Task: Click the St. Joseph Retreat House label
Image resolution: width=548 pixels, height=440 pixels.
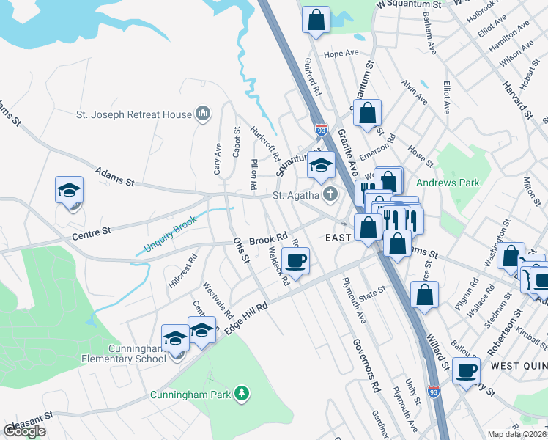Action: point(134,114)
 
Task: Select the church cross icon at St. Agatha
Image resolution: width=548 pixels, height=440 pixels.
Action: point(330,195)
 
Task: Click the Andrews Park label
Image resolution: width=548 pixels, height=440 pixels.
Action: point(448,183)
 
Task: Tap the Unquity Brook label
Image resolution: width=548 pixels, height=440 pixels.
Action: point(171,235)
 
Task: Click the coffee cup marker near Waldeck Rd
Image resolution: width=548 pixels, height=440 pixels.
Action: point(296,261)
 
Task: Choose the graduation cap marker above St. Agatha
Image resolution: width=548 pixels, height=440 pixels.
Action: point(321,165)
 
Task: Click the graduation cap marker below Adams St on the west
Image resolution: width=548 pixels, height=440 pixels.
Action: point(70,190)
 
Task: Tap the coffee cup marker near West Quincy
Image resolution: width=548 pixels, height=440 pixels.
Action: point(466,370)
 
